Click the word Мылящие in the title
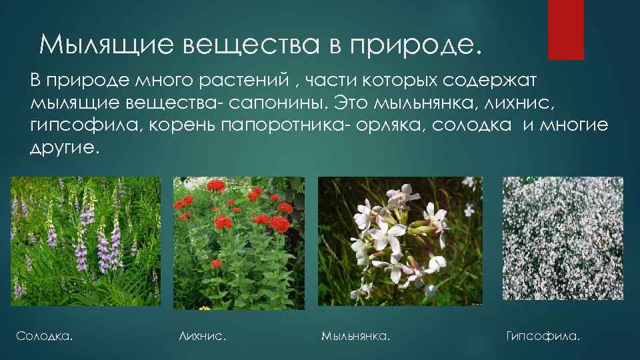(x=101, y=45)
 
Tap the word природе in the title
(x=413, y=45)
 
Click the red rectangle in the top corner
(x=565, y=30)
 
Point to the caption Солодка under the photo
(x=44, y=336)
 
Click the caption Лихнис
(x=203, y=336)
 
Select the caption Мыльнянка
(x=355, y=336)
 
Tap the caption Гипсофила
(x=543, y=336)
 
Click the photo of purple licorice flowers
(x=86, y=241)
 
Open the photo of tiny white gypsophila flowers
(x=563, y=239)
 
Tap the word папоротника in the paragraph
(x=283, y=126)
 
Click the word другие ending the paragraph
(x=64, y=147)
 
